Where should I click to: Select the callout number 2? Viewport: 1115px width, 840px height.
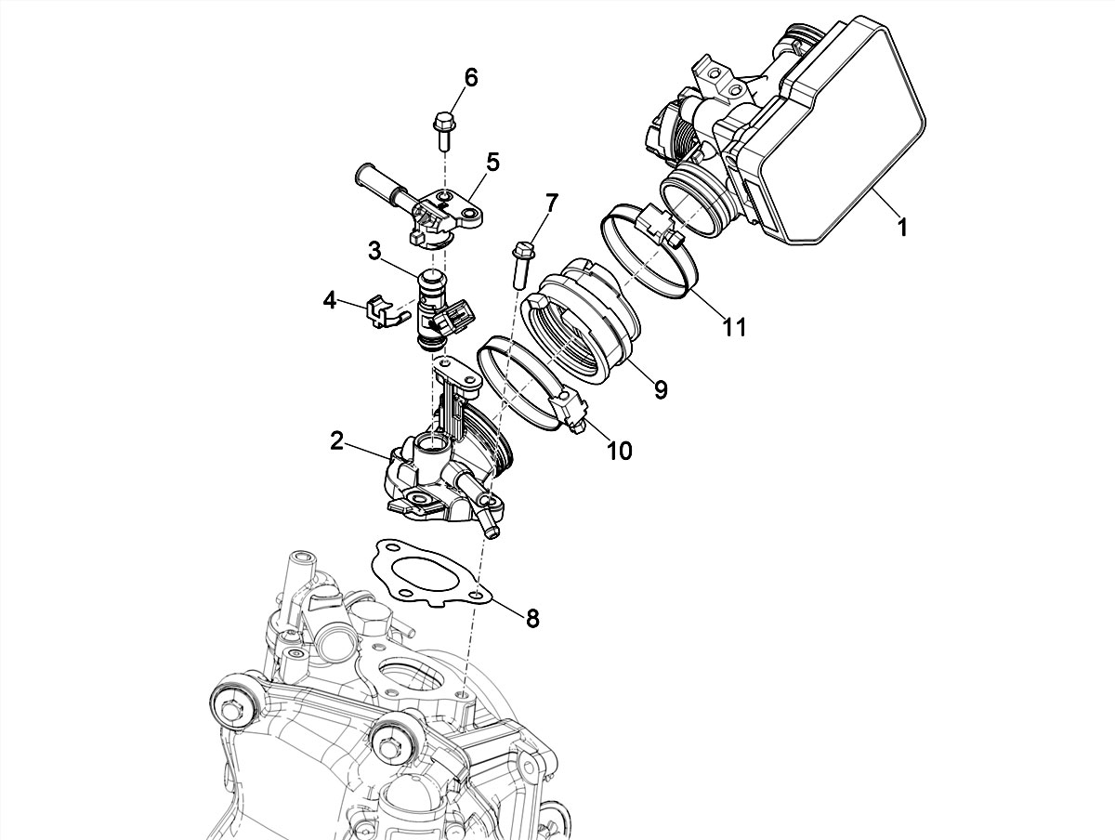(x=336, y=441)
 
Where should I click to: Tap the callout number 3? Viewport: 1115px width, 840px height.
(x=374, y=251)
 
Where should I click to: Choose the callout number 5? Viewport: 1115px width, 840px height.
(x=492, y=162)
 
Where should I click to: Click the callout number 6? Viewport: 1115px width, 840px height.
(x=471, y=77)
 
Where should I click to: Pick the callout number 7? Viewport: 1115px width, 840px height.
(x=552, y=203)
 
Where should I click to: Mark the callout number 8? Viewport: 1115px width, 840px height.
(x=532, y=618)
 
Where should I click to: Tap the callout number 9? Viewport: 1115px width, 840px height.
(x=661, y=388)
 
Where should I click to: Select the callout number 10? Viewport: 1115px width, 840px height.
(x=619, y=450)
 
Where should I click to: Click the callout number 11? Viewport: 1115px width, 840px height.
(x=735, y=326)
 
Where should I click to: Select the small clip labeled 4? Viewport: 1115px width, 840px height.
(x=379, y=311)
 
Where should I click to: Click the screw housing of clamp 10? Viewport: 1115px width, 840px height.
(x=570, y=408)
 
